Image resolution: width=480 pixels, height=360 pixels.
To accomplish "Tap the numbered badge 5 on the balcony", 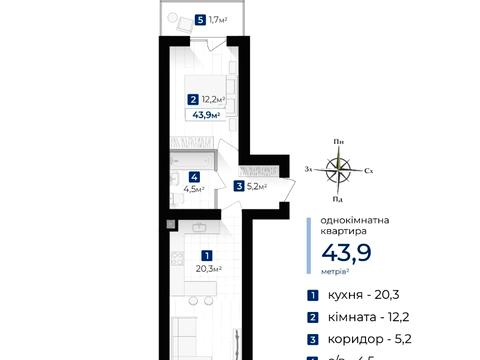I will [x=202, y=19].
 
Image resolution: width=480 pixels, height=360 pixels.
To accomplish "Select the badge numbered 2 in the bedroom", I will [x=191, y=99].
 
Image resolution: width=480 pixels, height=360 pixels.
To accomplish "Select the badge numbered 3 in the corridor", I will [x=239, y=185].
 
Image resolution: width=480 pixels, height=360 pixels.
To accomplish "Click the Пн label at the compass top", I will [x=340, y=142].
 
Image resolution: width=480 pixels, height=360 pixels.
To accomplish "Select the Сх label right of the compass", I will [x=369, y=172].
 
